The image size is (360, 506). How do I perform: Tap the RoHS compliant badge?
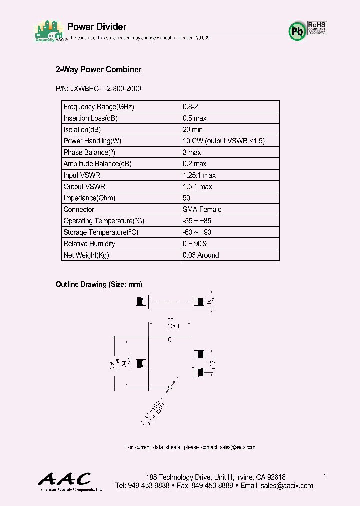317,27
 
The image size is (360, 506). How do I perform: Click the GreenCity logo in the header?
50,32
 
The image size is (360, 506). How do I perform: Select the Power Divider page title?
97,27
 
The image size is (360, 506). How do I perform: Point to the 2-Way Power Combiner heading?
98,70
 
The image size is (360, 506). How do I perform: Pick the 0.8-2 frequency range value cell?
190,107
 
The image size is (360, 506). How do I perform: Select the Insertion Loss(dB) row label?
91,118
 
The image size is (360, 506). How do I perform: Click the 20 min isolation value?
193,130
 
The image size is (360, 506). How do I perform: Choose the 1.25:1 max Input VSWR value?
199,175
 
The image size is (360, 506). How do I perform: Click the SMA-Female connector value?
202,210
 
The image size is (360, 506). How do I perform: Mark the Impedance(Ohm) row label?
89,198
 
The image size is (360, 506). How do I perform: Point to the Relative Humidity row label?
89,244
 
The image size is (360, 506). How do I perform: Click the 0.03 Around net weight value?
201,255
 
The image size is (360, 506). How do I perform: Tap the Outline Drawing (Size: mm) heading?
99,284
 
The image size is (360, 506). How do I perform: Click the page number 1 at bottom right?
324,477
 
